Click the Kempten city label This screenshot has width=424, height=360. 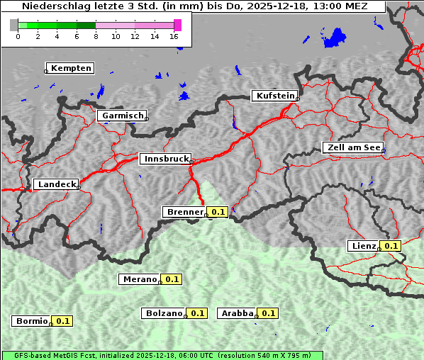69,68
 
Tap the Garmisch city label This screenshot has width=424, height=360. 122,115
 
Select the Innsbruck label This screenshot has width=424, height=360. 165,159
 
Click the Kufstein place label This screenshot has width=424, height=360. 274,96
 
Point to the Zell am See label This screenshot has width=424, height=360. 352,147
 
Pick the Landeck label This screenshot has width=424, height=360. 55,184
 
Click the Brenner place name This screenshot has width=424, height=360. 184,212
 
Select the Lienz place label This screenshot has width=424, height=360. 362,246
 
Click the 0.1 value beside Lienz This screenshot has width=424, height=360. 391,246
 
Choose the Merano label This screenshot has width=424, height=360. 138,279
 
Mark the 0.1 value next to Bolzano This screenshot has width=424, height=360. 198,313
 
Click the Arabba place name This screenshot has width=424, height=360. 236,313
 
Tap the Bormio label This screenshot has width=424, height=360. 30,321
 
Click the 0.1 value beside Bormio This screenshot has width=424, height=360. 63,321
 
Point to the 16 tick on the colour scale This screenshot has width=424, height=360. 174,36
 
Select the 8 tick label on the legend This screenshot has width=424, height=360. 96,36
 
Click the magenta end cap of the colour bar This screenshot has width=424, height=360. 177,25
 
